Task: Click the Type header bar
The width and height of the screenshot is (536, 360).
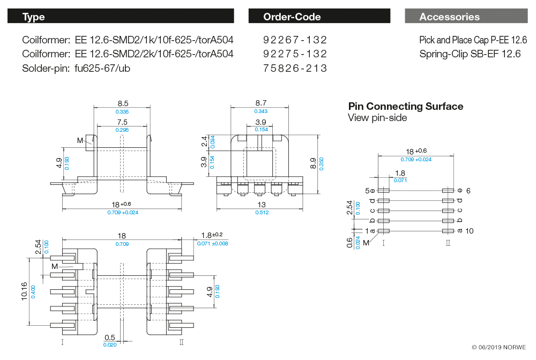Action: [121, 17]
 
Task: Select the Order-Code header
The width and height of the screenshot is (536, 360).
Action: [319, 17]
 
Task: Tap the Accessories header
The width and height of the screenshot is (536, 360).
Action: [466, 17]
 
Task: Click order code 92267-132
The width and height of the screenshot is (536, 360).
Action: [295, 40]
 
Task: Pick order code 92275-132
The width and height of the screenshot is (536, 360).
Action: [295, 54]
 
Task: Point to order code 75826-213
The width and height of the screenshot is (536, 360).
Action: [295, 68]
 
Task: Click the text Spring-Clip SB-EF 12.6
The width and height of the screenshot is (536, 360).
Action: [470, 54]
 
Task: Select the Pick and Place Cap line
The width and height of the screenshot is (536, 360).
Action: [473, 40]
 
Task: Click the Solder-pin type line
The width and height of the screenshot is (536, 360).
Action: [76, 68]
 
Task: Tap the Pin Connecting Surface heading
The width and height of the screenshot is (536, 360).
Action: [406, 106]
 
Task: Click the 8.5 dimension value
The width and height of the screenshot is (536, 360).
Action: [122, 103]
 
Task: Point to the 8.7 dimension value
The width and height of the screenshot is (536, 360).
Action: [261, 103]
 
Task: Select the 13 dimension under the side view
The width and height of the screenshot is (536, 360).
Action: [262, 205]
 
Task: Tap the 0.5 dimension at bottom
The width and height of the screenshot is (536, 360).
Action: [110, 337]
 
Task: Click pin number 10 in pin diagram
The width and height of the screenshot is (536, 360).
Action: [470, 231]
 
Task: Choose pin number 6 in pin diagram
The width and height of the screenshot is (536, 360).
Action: [468, 191]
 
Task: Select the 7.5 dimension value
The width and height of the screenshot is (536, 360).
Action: [122, 122]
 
